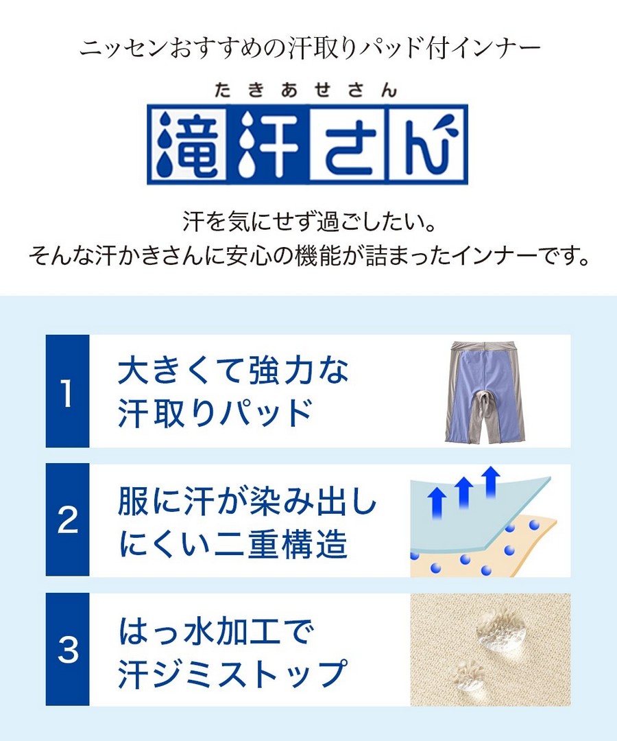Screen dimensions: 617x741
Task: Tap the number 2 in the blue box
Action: click(x=67, y=520)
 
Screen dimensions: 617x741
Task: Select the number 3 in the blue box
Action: click(x=67, y=649)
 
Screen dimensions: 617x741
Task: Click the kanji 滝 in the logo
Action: click(x=187, y=144)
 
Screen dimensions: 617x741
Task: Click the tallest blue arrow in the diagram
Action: click(x=491, y=482)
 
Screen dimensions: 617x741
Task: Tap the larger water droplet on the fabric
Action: click(x=501, y=631)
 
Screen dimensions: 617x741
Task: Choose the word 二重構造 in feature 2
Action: click(x=281, y=543)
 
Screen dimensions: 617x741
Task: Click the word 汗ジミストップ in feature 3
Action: click(x=232, y=673)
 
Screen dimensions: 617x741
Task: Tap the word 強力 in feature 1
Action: click(x=281, y=370)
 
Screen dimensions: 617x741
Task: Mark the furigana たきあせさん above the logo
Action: click(x=306, y=90)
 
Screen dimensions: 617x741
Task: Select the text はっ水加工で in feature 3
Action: click(x=216, y=631)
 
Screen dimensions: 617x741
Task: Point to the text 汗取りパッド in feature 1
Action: click(x=215, y=412)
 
